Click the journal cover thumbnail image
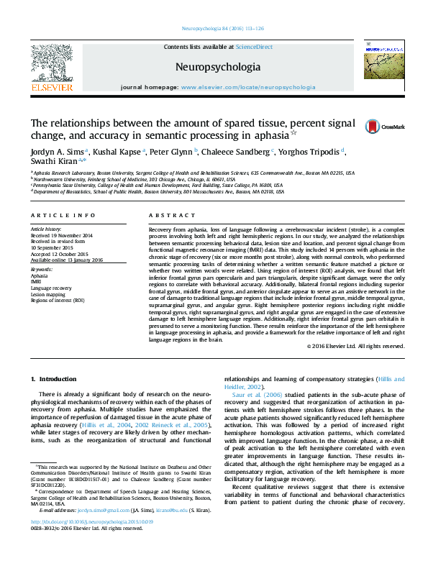(x=379, y=61)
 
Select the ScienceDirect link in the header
(x=255, y=46)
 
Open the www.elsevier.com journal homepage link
(x=248, y=87)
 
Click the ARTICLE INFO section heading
(x=63, y=216)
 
